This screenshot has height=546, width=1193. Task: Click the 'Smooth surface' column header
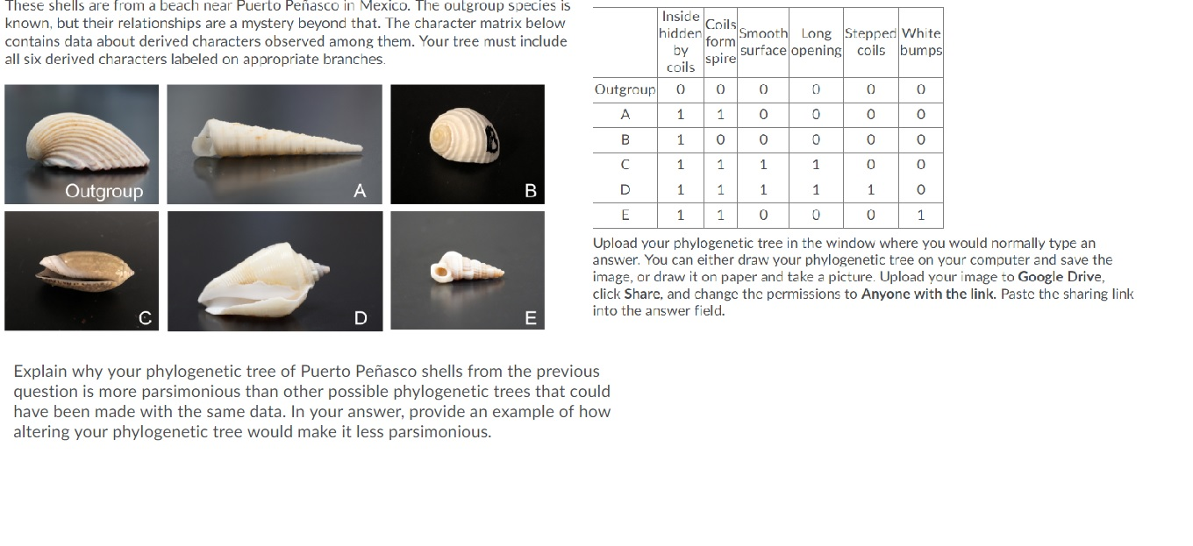(x=763, y=42)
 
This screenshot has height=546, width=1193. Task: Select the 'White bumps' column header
(x=921, y=42)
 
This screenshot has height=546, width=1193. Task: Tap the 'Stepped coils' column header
(x=870, y=42)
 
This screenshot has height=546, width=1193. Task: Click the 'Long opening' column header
(x=816, y=42)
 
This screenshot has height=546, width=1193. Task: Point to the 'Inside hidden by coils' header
(x=680, y=42)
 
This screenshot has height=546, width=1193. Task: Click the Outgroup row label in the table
(x=625, y=89)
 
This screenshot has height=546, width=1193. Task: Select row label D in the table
(x=625, y=189)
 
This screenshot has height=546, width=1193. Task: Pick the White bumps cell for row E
(x=920, y=215)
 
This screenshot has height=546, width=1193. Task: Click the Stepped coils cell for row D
(x=870, y=189)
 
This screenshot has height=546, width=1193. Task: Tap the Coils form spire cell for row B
(x=719, y=139)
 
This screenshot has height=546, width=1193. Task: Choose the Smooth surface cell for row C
(x=763, y=164)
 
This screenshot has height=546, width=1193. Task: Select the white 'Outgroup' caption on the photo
(x=104, y=191)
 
